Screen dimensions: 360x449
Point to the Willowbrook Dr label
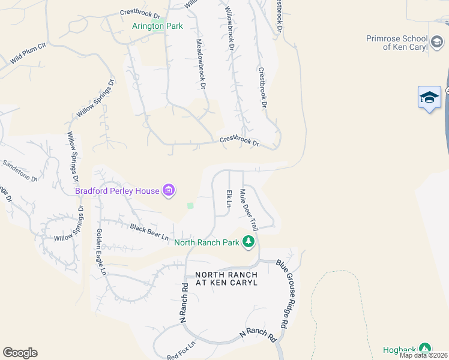229,28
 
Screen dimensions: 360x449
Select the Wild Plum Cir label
26,52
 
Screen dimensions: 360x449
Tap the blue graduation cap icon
429,97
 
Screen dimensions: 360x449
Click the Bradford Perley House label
117,191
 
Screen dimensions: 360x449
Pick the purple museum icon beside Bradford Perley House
169,191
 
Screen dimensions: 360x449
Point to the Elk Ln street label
229,199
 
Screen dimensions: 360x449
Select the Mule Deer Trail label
249,210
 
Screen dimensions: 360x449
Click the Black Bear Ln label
149,232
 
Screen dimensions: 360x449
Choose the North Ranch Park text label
206,243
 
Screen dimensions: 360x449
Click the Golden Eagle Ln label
101,252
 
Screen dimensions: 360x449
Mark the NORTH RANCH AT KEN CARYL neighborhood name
226,278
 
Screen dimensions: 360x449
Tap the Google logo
20,353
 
